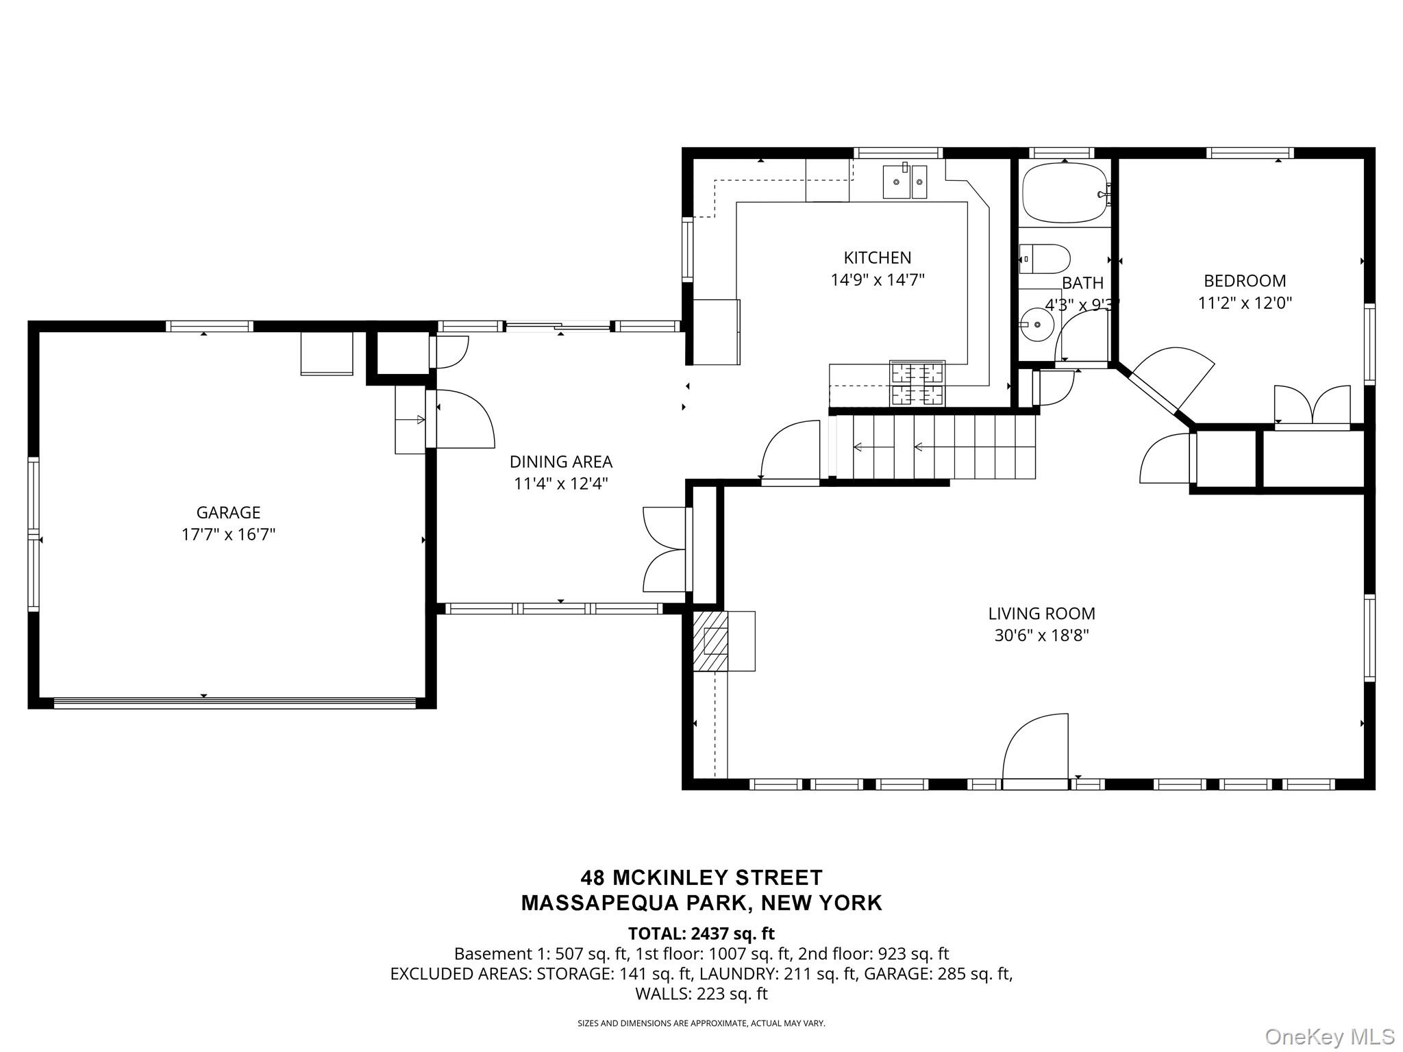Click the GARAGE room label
[x=228, y=512]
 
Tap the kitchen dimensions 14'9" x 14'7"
[x=878, y=279]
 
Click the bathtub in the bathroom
[x=1065, y=192]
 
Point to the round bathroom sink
[x=1037, y=324]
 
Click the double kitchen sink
[x=904, y=181]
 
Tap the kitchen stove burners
[x=917, y=384]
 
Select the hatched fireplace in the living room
[x=710, y=640]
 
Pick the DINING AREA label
[x=561, y=462]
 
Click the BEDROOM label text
[x=1245, y=281]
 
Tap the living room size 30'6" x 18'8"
[x=1041, y=636]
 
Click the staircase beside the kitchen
[x=932, y=447]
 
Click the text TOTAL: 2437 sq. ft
[x=701, y=934]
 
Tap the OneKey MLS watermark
[x=1329, y=1037]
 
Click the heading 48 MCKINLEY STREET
[x=701, y=877]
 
